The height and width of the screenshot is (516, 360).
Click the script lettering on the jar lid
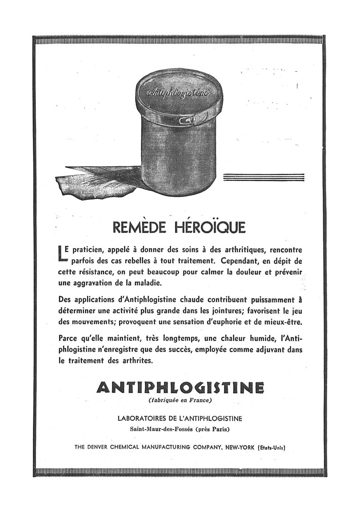point(179,93)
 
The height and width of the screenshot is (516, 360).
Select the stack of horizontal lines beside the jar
point(264,177)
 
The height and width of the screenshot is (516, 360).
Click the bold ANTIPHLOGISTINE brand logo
point(180,387)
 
